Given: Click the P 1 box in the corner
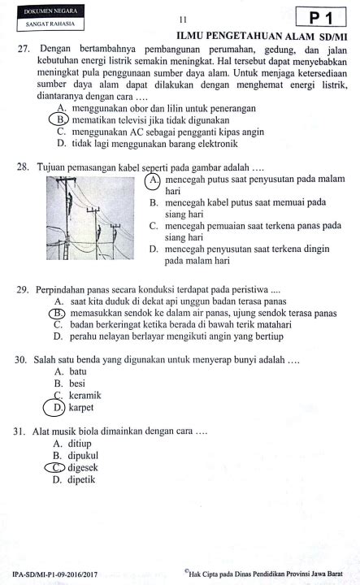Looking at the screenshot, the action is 321,17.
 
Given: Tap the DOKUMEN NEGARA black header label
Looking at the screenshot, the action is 50,11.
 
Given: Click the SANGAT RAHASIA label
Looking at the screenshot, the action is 50,24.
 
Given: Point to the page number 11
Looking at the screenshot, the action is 183,19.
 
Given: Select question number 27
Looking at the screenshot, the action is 24,49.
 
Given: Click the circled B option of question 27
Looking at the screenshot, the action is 59,119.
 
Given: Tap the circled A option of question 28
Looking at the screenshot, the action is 153,180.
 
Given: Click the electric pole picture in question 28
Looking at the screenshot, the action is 90,218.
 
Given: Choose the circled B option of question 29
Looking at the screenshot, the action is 57,313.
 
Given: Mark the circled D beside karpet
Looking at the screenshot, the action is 54,407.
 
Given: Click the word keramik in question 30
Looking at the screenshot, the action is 85,395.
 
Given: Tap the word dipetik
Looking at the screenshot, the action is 81,479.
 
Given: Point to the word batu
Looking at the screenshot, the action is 78,371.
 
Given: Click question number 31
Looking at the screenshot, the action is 20,431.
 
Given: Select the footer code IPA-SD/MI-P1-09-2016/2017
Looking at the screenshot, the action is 54,574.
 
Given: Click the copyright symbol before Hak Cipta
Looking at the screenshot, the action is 186,571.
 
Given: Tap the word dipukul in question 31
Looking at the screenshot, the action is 83,456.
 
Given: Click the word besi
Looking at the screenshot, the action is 77,383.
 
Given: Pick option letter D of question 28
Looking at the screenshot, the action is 154,249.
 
